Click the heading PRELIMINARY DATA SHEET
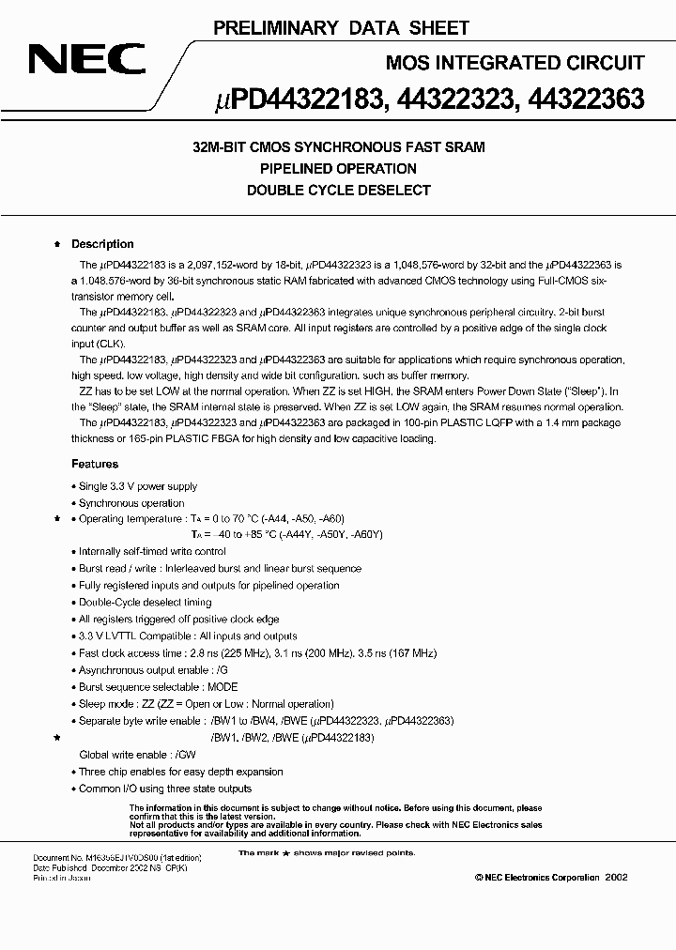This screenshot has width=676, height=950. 341,29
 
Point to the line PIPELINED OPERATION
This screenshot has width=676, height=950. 338,169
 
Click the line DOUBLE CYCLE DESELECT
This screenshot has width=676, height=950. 338,191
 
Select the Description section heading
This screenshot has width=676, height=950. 102,244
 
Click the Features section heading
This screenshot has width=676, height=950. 95,464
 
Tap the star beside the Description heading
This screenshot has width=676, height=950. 58,244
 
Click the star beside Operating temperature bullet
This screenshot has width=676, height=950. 58,518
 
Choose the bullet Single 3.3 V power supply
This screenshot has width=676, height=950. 137,486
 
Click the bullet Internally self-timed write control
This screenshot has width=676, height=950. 151,552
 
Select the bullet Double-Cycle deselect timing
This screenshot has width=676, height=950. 145,603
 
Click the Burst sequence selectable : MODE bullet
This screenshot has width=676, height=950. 158,687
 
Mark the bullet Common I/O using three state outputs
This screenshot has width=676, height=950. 165,789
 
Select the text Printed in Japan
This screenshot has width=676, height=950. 61,879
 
